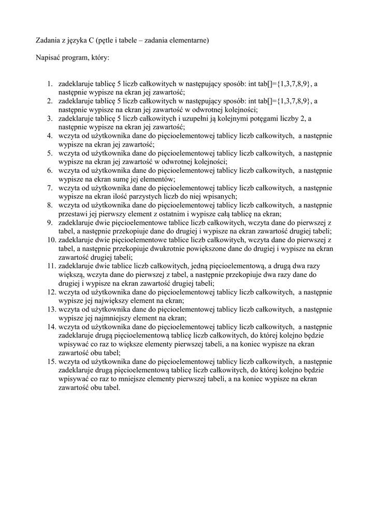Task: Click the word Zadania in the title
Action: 46,40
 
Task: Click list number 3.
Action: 50,119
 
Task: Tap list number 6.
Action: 50,170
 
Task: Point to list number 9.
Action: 50,223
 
